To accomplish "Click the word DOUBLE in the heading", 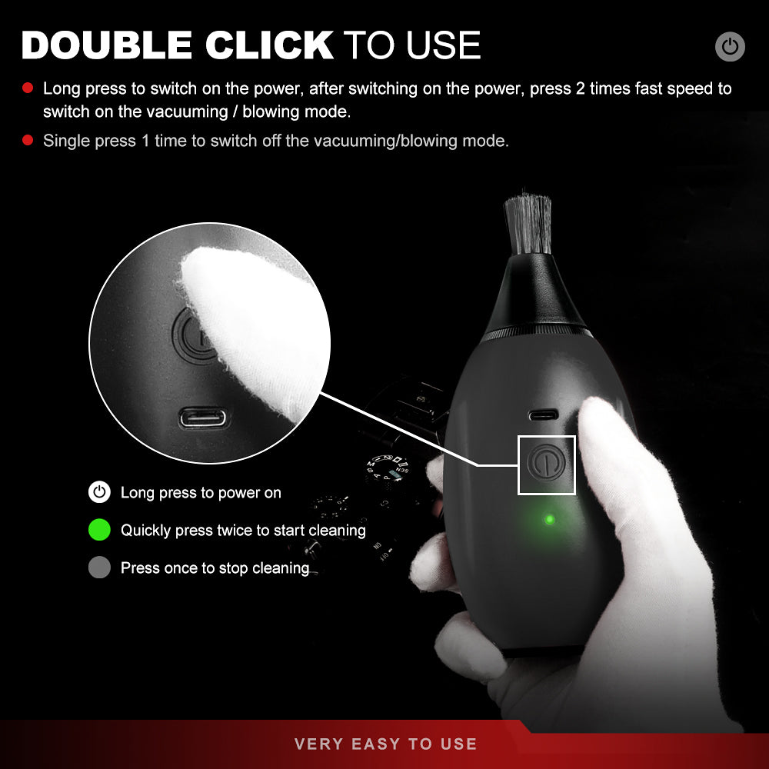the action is [106, 45].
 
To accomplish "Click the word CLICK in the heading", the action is [269, 45].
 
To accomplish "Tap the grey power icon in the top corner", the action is [730, 47].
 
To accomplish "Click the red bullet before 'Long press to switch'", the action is [28, 88].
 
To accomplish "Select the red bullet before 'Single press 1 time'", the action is [28, 140].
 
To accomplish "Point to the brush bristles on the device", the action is [528, 224].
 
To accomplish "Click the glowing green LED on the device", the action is [550, 519].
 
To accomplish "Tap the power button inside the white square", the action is [546, 462].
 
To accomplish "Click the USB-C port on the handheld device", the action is [544, 415].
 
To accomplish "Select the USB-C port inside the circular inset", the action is [203, 418].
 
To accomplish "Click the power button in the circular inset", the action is [194, 337].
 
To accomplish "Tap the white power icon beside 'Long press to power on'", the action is [99, 492].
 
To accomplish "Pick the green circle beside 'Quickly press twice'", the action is [99, 530].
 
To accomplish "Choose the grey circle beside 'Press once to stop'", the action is [99, 568].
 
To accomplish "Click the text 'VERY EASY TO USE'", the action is [385, 744].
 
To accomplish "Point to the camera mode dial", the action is [388, 468].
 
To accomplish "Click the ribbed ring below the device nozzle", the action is [538, 332].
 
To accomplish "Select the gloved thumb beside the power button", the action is [608, 456].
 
